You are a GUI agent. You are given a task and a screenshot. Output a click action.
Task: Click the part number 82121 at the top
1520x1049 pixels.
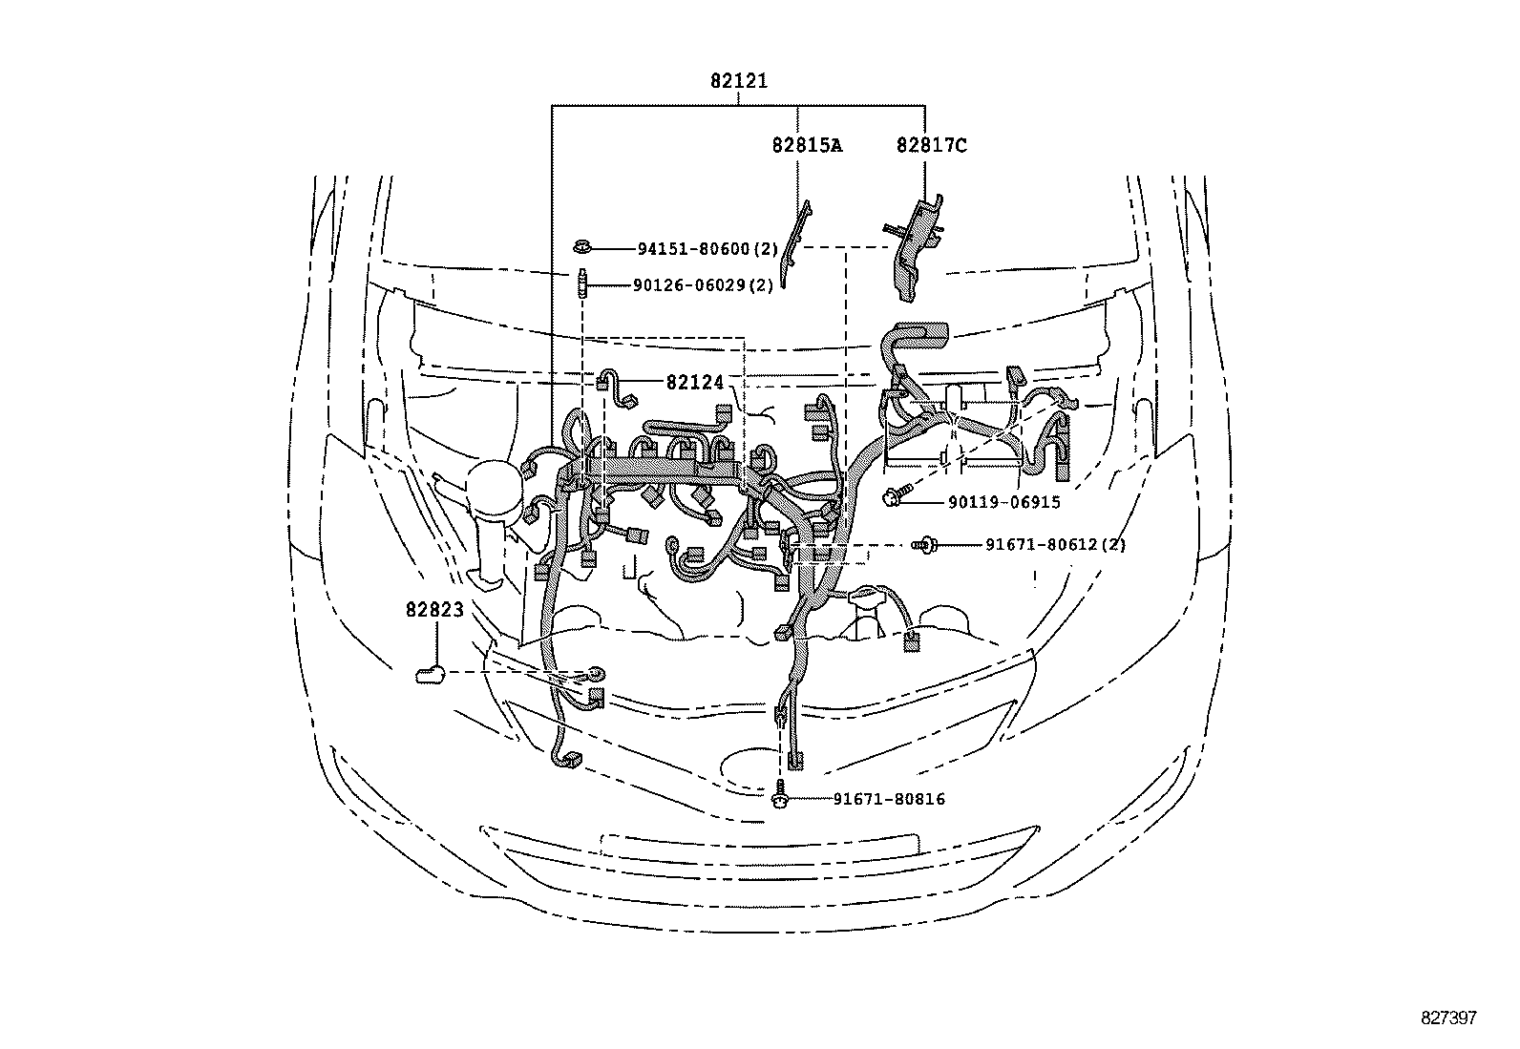(738, 82)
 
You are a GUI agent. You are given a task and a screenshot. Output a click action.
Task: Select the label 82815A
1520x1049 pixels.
(808, 145)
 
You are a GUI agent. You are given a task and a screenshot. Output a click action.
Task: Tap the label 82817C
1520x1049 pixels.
(931, 145)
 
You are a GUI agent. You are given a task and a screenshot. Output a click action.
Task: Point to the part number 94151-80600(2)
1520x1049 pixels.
(707, 249)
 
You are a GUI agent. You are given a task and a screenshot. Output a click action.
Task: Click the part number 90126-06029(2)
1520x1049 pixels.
(703, 285)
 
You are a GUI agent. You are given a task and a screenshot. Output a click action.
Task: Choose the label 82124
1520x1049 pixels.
(695, 382)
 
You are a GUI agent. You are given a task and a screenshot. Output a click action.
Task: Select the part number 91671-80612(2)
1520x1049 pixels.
(1055, 545)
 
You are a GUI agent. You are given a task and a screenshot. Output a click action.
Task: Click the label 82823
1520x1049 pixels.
(433, 609)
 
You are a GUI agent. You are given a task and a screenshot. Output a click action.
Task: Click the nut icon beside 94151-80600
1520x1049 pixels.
(581, 248)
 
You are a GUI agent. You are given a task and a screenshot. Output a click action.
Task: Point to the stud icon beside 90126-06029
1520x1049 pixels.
(581, 284)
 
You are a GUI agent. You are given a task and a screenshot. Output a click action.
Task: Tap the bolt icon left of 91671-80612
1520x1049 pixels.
(925, 545)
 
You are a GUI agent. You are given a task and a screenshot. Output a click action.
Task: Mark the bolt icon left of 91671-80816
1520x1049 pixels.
(781, 795)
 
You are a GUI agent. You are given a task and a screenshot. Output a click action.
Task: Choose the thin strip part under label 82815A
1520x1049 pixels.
(793, 244)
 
